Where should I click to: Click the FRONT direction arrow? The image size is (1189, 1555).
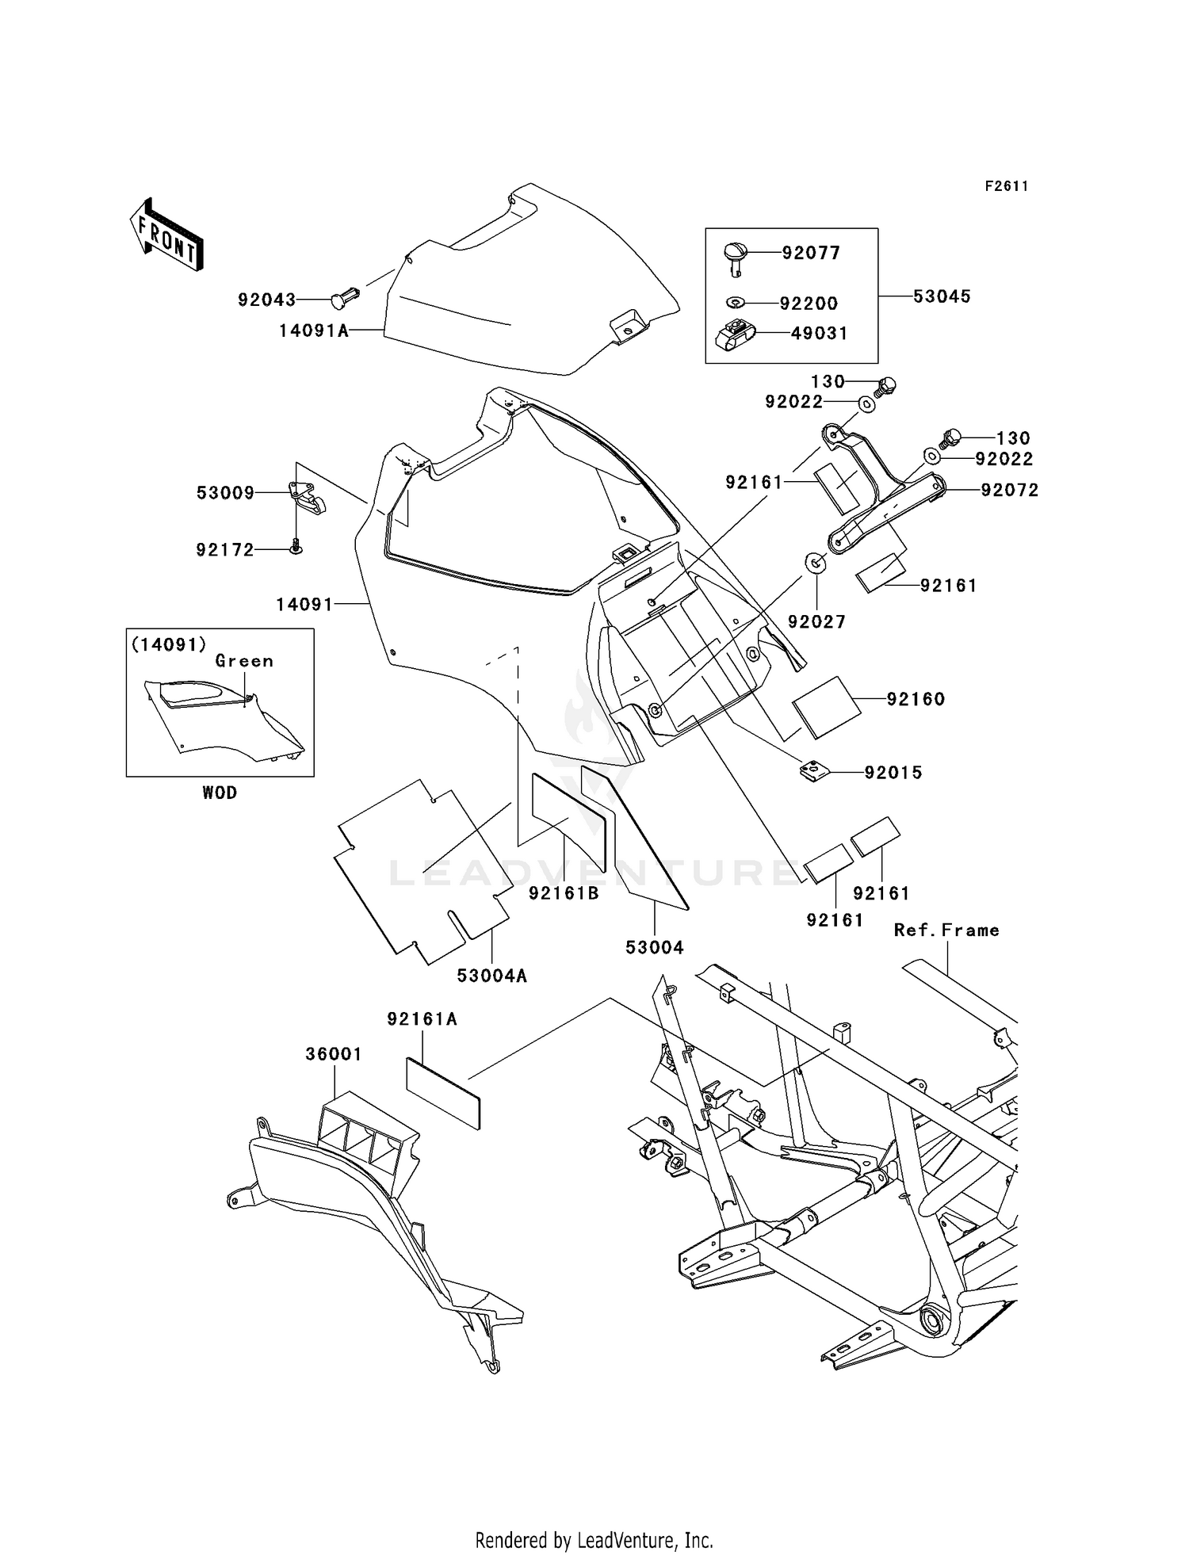point(167,235)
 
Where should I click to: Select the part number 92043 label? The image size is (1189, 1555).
point(266,300)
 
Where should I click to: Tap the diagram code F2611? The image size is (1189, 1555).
point(1006,186)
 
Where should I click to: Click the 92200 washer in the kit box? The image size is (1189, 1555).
point(736,302)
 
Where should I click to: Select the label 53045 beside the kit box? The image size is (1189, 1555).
point(941,296)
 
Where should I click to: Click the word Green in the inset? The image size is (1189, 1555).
point(244,661)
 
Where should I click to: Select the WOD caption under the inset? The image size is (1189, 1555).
point(219,793)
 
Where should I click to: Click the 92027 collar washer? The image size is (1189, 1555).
point(816,564)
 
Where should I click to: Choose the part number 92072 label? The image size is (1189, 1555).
point(1009,490)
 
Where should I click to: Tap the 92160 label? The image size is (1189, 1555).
point(916,699)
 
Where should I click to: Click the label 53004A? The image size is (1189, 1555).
point(491,976)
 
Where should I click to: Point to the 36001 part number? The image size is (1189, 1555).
point(334,1054)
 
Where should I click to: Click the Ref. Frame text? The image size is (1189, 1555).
point(946,930)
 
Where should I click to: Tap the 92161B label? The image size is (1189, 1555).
point(564,893)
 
